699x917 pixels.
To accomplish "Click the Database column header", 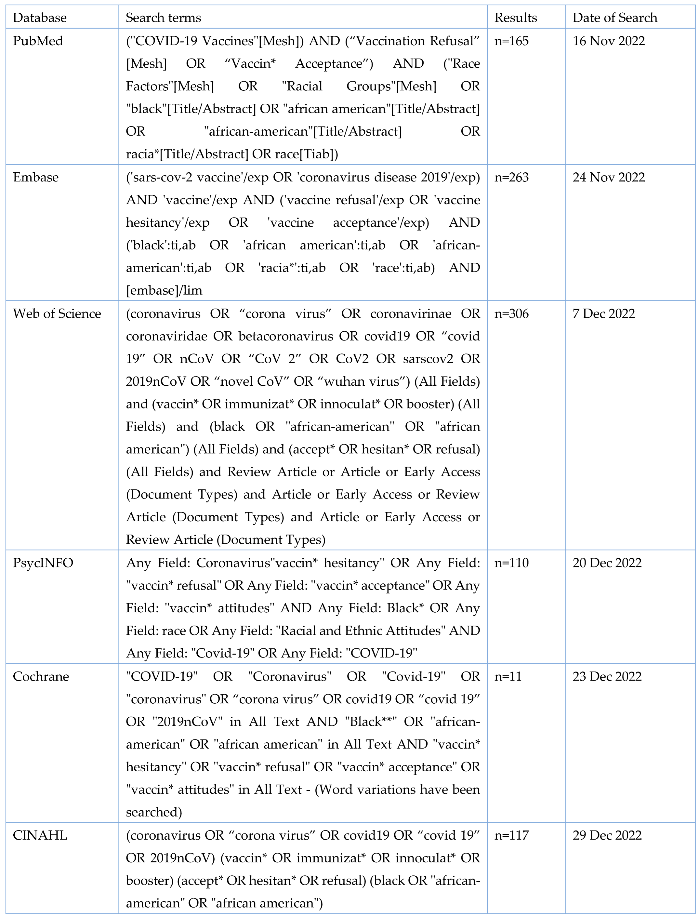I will [40, 18].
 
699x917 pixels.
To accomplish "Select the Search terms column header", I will [163, 18].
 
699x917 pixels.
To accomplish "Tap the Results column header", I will [516, 18].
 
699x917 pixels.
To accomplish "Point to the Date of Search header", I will [614, 18].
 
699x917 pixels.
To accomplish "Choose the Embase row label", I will [36, 177].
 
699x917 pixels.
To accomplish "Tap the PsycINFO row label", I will [43, 563].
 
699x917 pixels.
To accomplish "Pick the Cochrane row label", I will [41, 676].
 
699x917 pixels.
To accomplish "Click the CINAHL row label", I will [40, 835].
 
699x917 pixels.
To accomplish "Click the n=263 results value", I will [511, 177].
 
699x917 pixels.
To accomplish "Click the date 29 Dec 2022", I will [607, 835].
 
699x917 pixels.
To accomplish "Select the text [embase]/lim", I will [164, 290].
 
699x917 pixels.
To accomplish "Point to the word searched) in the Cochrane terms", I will [154, 812].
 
